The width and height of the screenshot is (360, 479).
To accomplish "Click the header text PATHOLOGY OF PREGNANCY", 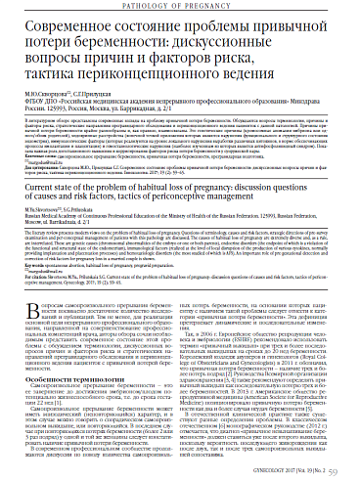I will [180, 8].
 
